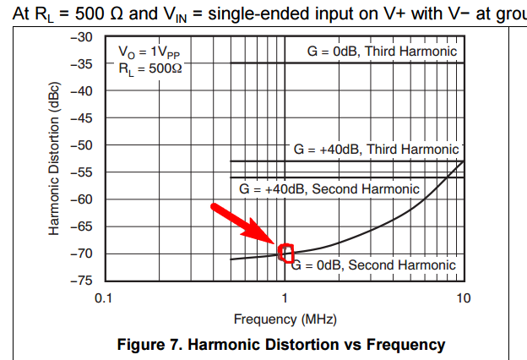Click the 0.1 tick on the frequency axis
[104, 298]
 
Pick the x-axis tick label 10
[462, 298]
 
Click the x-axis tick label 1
[285, 298]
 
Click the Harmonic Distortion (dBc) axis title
[55, 159]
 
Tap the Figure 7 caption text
[284, 345]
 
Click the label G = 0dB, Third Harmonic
[383, 52]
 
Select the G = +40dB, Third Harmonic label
[376, 150]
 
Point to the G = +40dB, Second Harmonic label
[329, 189]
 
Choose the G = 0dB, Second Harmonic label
[373, 265]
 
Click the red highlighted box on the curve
[286, 253]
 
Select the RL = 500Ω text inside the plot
[149, 68]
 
